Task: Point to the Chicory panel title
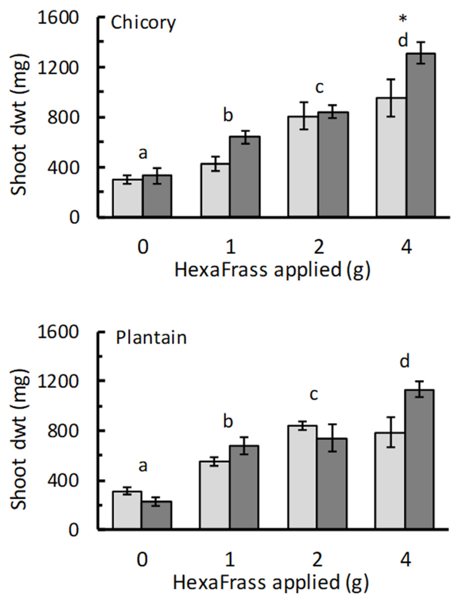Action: [x=143, y=23]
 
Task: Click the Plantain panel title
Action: [x=151, y=338]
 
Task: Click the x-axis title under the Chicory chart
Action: [x=272, y=270]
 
